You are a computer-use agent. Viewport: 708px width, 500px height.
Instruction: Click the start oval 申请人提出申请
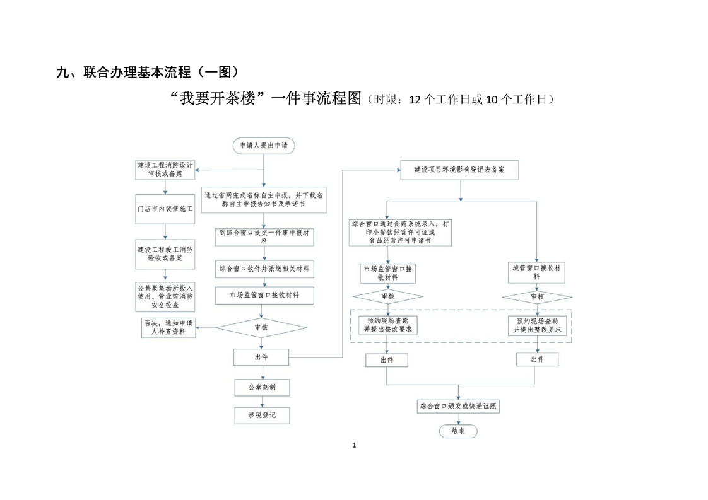click(263, 145)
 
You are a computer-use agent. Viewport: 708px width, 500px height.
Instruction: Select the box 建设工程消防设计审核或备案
click(165, 169)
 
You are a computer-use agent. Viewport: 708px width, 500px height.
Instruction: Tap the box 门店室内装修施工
click(165, 209)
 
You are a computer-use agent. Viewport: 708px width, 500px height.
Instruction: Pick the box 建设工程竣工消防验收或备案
click(165, 253)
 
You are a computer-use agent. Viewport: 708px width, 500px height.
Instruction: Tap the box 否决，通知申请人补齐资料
click(168, 328)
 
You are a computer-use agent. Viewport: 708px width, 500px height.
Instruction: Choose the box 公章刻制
click(263, 387)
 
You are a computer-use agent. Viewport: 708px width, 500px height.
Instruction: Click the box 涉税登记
click(263, 415)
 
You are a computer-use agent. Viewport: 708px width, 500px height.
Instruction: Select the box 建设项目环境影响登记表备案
click(458, 170)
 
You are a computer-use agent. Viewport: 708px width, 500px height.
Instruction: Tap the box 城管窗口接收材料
click(536, 272)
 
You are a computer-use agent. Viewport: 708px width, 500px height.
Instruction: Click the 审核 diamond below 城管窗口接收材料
click(536, 296)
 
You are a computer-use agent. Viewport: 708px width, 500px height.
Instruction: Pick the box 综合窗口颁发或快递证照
click(459, 407)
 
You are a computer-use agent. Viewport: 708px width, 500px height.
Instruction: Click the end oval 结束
click(458, 431)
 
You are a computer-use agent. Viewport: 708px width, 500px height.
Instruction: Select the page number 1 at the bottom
click(354, 445)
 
